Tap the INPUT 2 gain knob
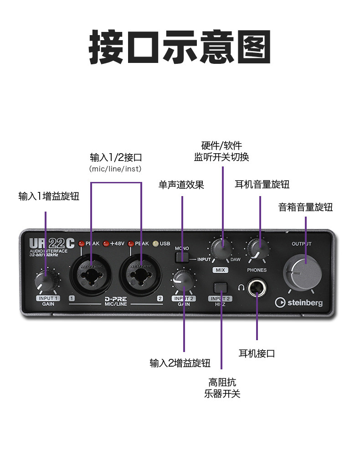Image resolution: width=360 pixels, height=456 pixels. (x=182, y=280)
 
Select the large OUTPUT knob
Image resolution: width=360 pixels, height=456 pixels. (x=303, y=272)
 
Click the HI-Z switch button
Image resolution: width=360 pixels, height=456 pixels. (x=221, y=288)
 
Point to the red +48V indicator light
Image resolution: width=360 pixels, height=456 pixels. (x=106, y=244)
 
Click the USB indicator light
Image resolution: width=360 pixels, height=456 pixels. (x=155, y=244)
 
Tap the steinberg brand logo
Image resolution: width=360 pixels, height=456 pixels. (x=298, y=302)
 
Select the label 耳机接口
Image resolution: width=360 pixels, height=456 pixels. (x=257, y=353)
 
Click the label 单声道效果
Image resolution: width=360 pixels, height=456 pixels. (x=181, y=185)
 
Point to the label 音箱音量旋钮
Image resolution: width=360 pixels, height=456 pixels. (x=305, y=207)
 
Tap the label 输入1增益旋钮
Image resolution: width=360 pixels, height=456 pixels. (x=49, y=197)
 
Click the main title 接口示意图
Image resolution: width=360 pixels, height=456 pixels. (x=180, y=47)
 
